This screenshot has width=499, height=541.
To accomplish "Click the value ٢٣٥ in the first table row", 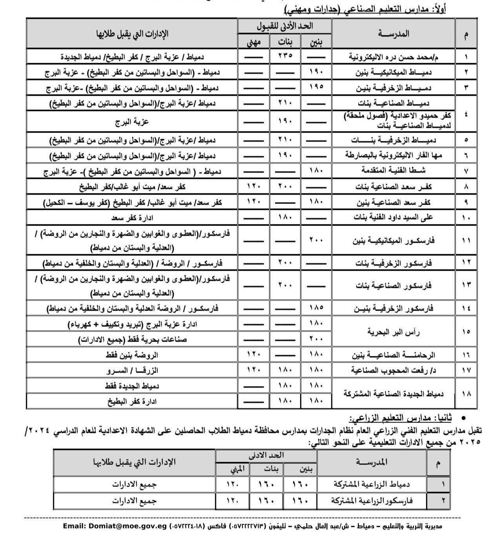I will (x=285, y=56).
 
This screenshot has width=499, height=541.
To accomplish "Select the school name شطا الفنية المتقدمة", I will (x=393, y=171).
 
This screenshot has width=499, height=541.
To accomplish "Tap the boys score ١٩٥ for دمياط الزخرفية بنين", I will (x=316, y=86).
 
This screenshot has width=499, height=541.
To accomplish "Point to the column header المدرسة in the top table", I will (x=393, y=34).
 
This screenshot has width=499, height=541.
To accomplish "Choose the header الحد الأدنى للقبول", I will (x=285, y=26).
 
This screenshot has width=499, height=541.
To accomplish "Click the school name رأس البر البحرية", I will (x=393, y=332).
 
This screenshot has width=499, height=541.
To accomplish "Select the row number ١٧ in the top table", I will (x=466, y=370).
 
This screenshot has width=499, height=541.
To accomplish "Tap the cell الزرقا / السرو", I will (x=132, y=370).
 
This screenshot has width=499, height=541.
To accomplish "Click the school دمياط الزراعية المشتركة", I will (x=372, y=484).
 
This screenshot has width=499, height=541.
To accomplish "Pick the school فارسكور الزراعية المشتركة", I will (x=372, y=501).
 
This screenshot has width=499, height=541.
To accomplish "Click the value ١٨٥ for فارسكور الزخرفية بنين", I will (x=316, y=308).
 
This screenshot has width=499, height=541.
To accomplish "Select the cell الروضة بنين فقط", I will (x=132, y=355).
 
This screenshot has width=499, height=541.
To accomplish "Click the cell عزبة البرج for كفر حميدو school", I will (x=132, y=122).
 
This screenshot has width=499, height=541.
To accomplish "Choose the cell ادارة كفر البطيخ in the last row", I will (x=132, y=401).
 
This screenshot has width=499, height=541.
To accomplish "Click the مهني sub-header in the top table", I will (x=254, y=42).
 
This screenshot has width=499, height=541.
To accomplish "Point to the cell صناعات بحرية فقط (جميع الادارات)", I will (x=132, y=339).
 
